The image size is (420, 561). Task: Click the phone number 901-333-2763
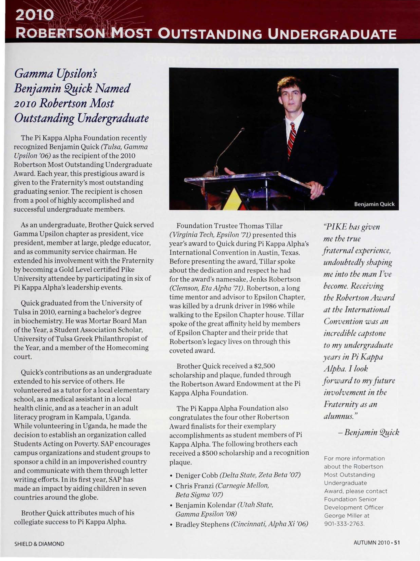coord(344,524)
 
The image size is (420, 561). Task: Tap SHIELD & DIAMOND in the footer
coord(39,544)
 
